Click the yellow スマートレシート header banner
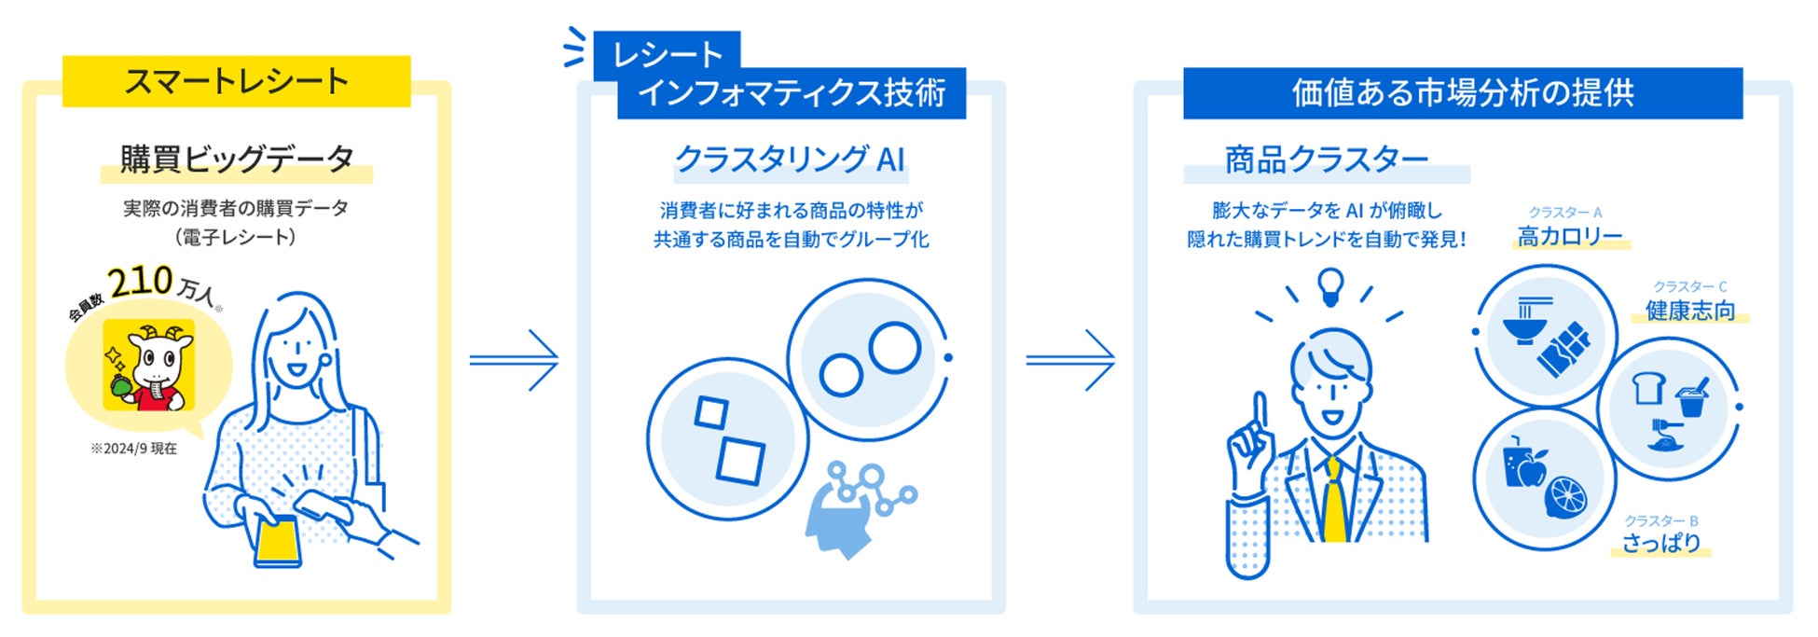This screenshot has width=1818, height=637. (x=236, y=81)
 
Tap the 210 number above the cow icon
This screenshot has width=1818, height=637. (x=141, y=282)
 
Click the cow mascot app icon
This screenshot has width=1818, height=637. (x=149, y=366)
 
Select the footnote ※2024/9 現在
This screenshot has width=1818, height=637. (x=133, y=449)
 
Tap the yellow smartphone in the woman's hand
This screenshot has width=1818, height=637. (x=277, y=542)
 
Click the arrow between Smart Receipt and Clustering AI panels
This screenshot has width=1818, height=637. (x=514, y=360)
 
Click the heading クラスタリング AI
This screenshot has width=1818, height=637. (x=790, y=159)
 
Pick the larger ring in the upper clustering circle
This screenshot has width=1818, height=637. (x=895, y=348)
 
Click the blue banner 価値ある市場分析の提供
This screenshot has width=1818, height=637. (x=1462, y=92)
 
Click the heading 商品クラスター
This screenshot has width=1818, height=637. (x=1326, y=159)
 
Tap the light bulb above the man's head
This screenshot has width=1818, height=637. (x=1330, y=286)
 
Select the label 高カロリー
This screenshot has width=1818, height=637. (x=1570, y=237)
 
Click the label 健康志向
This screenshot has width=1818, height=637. (x=1689, y=311)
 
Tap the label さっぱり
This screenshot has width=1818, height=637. (x=1660, y=543)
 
